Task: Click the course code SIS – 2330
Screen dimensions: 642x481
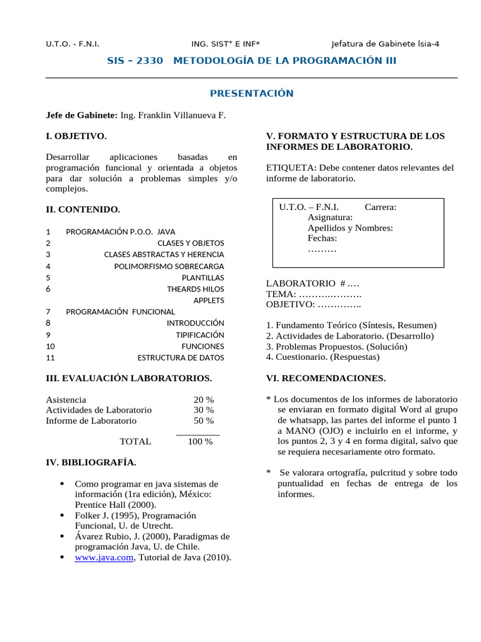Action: click(136, 61)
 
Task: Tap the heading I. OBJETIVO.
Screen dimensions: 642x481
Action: click(76, 136)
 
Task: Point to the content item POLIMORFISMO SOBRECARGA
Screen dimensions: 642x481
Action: click(168, 266)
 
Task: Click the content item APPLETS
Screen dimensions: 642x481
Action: click(208, 300)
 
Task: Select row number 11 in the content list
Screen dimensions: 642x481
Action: click(51, 357)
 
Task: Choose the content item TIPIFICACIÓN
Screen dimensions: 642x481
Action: click(199, 335)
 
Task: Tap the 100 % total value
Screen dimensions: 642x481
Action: click(200, 441)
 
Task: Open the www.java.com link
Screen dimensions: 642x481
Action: click(104, 557)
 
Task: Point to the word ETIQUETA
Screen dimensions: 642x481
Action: click(291, 168)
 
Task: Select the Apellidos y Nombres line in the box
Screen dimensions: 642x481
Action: click(350, 228)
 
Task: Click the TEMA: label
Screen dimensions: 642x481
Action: click(281, 294)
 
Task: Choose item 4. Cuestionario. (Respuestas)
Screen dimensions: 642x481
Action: click(323, 357)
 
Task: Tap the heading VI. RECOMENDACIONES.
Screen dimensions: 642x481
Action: click(326, 378)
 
